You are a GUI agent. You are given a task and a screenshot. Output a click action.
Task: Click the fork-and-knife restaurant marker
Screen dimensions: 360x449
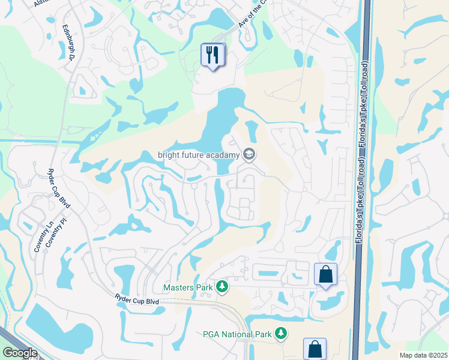[x=212, y=55]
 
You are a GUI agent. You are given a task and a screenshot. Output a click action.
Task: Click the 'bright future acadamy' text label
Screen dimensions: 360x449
[x=199, y=155]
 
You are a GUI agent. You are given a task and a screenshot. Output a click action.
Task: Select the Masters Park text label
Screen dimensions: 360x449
[x=188, y=287]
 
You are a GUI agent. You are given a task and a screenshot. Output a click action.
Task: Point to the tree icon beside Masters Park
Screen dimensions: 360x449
[x=223, y=287]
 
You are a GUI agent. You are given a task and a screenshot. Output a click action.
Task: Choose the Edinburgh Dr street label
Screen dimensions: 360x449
[x=67, y=41]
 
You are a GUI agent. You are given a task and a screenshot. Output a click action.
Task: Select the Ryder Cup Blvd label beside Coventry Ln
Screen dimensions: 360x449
[x=59, y=189]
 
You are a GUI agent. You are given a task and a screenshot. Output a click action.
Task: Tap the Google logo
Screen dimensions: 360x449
[x=20, y=353]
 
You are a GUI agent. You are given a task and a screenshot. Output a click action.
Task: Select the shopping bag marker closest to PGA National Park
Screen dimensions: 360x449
[x=315, y=349]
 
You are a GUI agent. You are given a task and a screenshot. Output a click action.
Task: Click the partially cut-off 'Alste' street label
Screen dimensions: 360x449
[x=41, y=3]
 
